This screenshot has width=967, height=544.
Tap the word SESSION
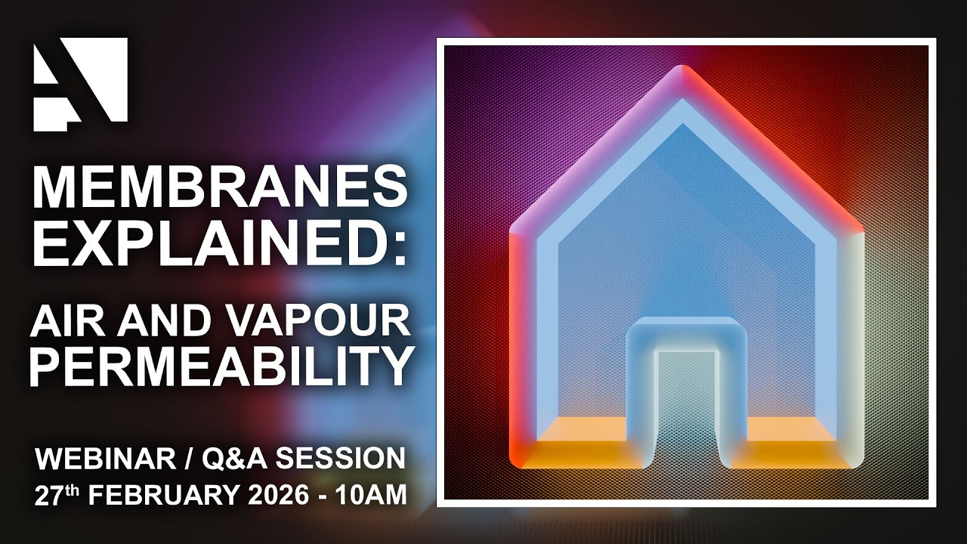pos(352,458)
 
